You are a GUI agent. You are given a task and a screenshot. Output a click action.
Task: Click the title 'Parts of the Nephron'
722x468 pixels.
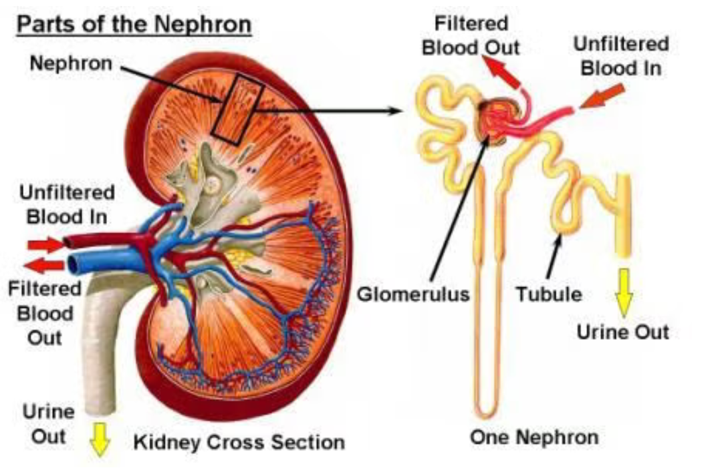click(x=134, y=25)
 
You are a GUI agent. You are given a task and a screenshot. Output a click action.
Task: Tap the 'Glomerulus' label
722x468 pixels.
click(x=413, y=293)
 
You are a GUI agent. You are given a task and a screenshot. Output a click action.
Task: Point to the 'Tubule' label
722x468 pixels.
click(x=549, y=293)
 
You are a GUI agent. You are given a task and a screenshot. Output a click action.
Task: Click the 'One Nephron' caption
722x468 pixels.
click(x=534, y=437)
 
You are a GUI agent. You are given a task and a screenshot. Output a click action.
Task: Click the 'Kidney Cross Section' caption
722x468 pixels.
click(x=239, y=442)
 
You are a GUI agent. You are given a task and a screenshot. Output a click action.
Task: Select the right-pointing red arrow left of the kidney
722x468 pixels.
click(x=45, y=244)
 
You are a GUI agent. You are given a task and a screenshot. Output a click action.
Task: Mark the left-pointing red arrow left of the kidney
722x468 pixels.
click(x=44, y=265)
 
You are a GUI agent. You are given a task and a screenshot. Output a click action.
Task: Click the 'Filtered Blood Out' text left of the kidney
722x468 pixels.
click(x=45, y=312)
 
